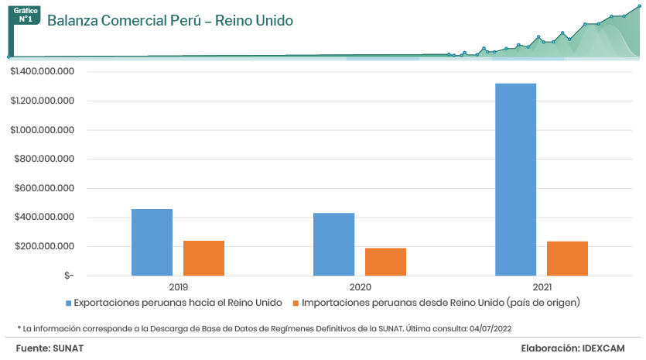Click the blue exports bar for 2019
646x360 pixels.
(x=152, y=242)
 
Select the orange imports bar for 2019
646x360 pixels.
(x=203, y=258)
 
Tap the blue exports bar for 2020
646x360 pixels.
(x=333, y=244)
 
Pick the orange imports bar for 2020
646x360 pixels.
(x=385, y=262)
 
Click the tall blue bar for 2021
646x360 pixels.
(x=515, y=179)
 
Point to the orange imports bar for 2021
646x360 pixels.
(x=567, y=259)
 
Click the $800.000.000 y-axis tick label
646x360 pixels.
(x=44, y=159)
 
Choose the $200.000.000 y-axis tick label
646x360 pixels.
(x=44, y=246)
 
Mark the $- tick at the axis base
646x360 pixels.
(x=69, y=276)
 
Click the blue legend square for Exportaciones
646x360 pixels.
(x=69, y=302)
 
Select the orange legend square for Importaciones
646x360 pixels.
(x=296, y=302)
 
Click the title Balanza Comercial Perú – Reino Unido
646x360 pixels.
(x=169, y=21)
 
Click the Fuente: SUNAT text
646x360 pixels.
(x=50, y=348)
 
